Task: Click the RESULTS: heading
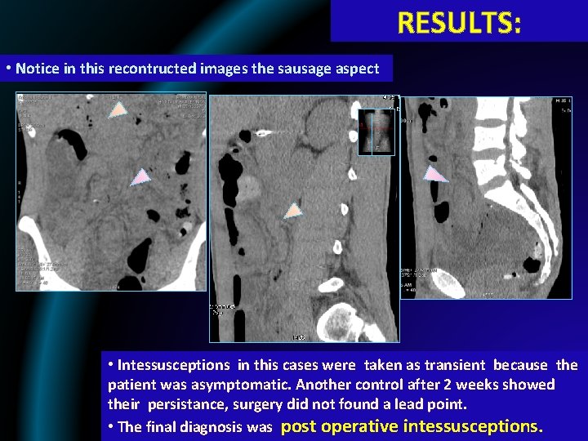click(458, 22)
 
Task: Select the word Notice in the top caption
click(36, 69)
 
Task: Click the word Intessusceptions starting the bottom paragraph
click(167, 365)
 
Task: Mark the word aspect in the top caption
click(358, 69)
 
